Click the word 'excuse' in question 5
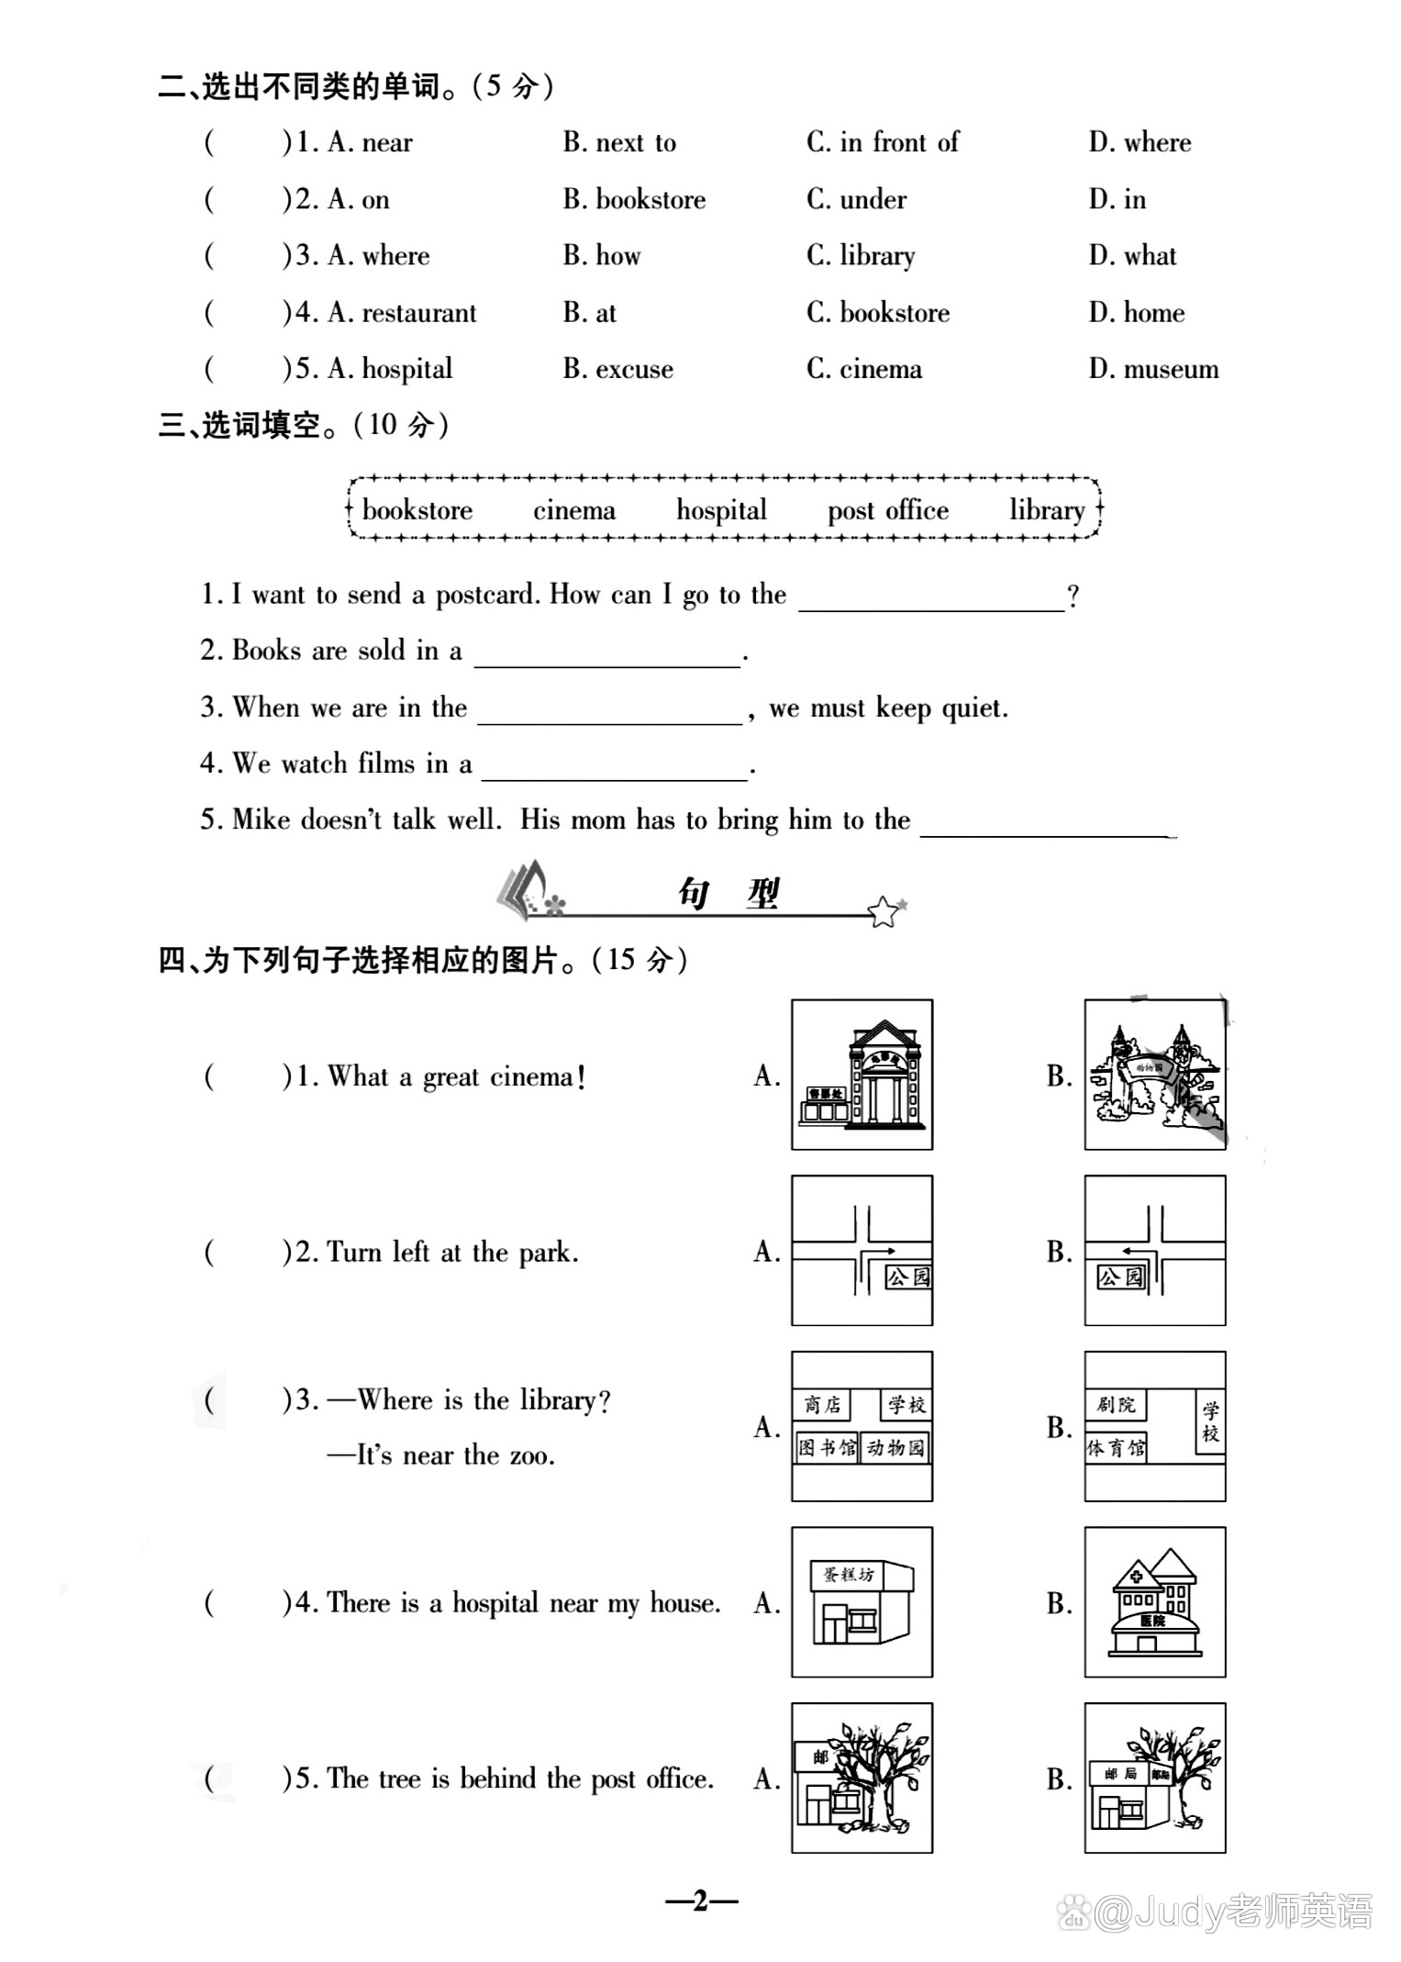tap(634, 369)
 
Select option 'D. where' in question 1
tap(1140, 142)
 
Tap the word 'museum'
tap(1171, 369)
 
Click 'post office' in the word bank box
tap(888, 510)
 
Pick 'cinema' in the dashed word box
tap(574, 510)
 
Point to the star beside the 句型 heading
tap(884, 911)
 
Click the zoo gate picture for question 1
tap(1154, 1075)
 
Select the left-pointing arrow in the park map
tap(1134, 1250)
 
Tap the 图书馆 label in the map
tap(826, 1448)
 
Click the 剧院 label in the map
tap(1116, 1405)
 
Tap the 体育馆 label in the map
tap(1116, 1449)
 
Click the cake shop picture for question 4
tap(862, 1602)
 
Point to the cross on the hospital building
tap(1137, 1577)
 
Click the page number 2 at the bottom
tap(701, 1901)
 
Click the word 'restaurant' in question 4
tap(419, 313)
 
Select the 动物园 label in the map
tap(895, 1448)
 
